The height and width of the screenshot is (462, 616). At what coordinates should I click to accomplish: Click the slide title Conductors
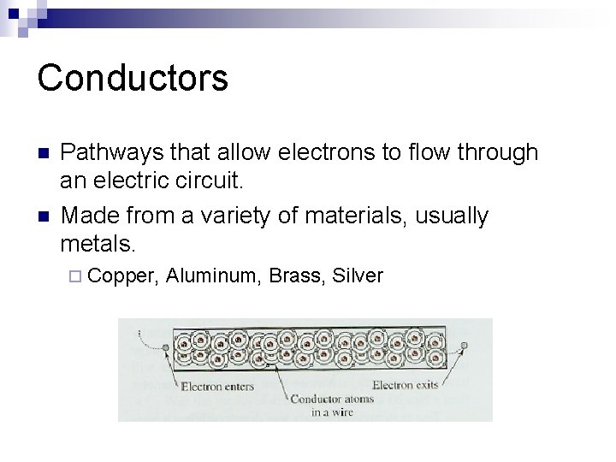133,77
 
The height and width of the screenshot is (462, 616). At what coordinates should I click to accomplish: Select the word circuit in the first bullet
210,181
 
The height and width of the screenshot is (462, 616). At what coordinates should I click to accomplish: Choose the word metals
98,244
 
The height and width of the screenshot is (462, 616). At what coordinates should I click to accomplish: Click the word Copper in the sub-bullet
123,275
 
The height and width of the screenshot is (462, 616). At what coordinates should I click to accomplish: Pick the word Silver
358,275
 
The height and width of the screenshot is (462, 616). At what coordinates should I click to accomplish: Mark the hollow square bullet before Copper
74,276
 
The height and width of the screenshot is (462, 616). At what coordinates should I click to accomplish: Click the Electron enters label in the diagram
217,386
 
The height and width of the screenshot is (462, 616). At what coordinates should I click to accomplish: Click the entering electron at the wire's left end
163,346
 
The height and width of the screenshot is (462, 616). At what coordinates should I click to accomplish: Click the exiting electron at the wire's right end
465,346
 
